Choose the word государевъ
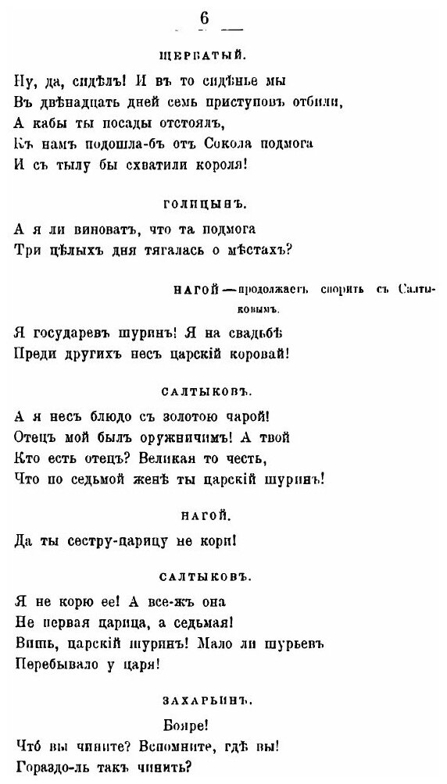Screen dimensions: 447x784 tap(73, 333)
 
